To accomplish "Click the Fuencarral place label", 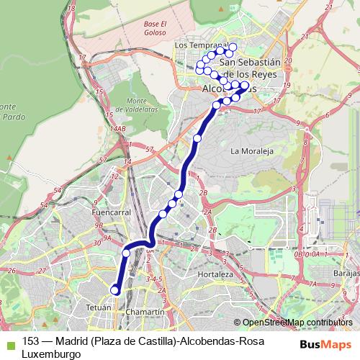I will tap(111, 213).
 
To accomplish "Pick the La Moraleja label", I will tap(248, 152).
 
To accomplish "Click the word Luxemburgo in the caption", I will tap(52, 354).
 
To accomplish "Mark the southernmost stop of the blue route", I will tap(114, 290).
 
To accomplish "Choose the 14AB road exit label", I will tap(118, 129).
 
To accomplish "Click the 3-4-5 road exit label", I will tap(155, 277).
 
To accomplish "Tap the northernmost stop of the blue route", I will tap(213, 48).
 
